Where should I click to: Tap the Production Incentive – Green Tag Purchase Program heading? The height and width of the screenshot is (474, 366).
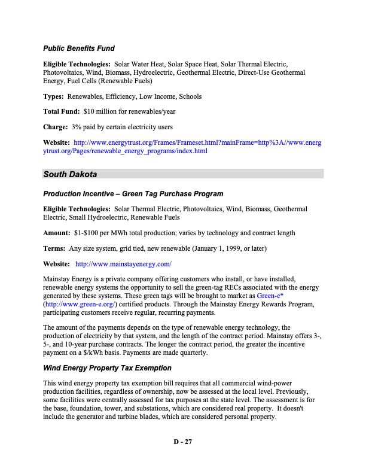[133, 194]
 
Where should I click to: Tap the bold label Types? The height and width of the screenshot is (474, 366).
[54, 96]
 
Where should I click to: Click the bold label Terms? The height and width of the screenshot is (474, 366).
[54, 248]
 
